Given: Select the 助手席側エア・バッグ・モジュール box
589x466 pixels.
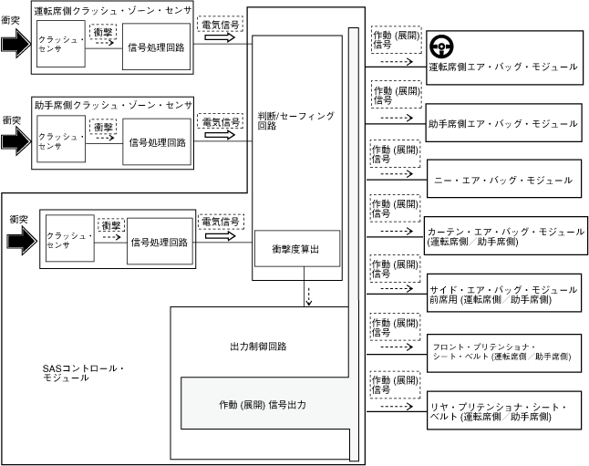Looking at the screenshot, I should tap(502, 123).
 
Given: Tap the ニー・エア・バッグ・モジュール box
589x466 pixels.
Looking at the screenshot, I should tap(502, 181).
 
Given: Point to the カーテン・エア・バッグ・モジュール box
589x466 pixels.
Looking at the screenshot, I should tap(502, 237).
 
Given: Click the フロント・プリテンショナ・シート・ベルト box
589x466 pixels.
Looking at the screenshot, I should tap(502, 353).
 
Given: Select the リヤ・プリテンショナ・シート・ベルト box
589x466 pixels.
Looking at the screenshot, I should tap(502, 410).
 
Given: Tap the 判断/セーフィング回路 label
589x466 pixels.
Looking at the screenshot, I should tap(296, 121).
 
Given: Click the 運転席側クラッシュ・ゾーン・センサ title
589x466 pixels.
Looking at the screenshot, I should tap(112, 11).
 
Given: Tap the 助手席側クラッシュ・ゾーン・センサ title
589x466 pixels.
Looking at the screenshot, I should tap(112, 105).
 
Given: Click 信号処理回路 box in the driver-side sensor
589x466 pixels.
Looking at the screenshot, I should tap(159, 47).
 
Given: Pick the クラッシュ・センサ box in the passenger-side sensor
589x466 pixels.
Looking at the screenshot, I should tap(61, 140).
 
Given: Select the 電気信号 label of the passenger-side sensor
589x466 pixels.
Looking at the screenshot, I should tap(221, 121).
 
